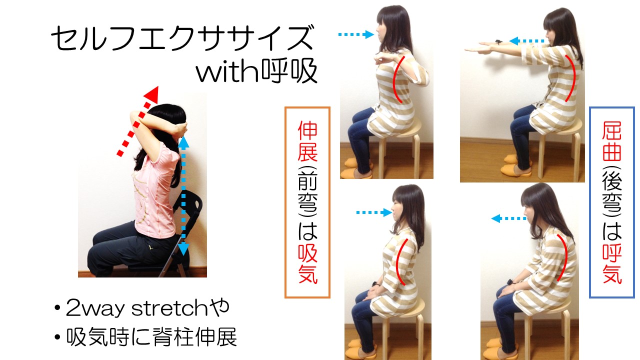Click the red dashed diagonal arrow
point(137,121)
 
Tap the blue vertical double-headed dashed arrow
point(183,196)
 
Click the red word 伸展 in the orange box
point(307,141)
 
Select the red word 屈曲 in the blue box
point(612,141)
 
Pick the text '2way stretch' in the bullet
point(136,308)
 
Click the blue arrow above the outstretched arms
point(527,41)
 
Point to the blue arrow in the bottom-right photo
point(508,219)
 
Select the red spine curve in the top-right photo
point(570,78)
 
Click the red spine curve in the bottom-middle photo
point(400,261)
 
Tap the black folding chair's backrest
point(190,205)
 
